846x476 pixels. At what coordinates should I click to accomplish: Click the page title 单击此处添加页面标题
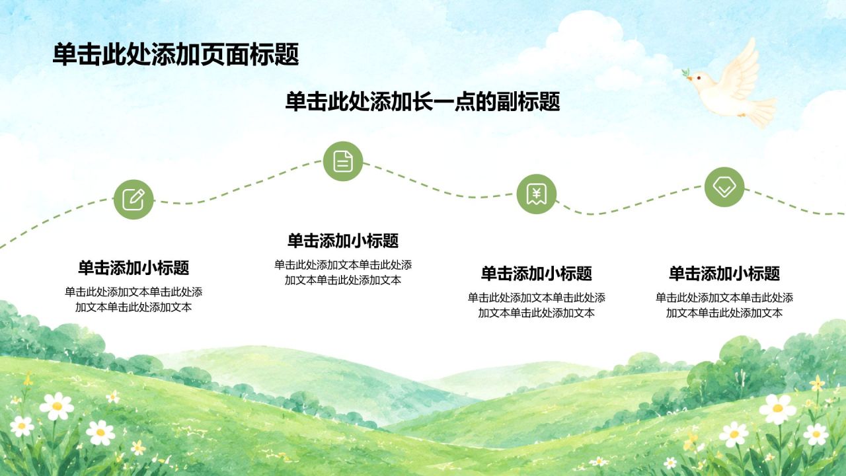[x=176, y=54]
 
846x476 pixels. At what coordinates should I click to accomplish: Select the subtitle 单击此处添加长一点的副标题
[x=422, y=101]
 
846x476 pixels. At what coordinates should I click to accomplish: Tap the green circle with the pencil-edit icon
[x=134, y=200]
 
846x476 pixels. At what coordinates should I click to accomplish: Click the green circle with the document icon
[x=343, y=161]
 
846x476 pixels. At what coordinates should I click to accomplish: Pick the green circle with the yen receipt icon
[x=536, y=194]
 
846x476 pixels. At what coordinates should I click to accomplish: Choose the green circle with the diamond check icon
[x=724, y=187]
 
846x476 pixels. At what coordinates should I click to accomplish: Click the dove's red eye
[x=699, y=78]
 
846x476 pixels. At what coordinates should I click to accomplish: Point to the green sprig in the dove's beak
[x=686, y=73]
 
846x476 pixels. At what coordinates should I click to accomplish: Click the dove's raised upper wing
[x=740, y=70]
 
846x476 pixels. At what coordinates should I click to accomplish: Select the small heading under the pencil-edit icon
[x=134, y=268]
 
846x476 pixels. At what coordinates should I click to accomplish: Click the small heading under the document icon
[x=343, y=241]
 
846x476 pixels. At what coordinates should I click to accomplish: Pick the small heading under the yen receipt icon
[x=536, y=273]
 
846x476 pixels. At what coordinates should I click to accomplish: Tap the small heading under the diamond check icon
[x=724, y=273]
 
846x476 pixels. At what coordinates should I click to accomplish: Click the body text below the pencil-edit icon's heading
[x=134, y=299]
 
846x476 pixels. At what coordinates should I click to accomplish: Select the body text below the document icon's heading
[x=343, y=272]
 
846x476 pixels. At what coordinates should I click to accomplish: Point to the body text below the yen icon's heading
[x=536, y=305]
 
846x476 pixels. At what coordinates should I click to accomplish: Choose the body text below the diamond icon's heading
[x=724, y=305]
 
